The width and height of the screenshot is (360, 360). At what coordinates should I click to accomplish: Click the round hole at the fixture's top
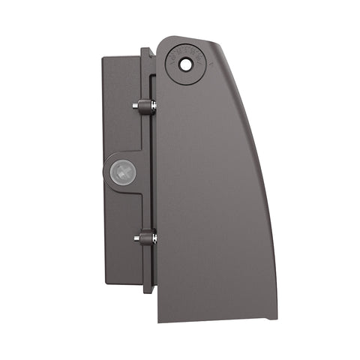pos(184,65)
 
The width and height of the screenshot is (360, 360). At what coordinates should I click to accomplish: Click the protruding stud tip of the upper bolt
pos(136,107)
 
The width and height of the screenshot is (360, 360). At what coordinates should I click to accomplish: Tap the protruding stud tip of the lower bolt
pos(136,238)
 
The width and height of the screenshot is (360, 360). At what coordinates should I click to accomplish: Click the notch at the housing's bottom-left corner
pos(159,319)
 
